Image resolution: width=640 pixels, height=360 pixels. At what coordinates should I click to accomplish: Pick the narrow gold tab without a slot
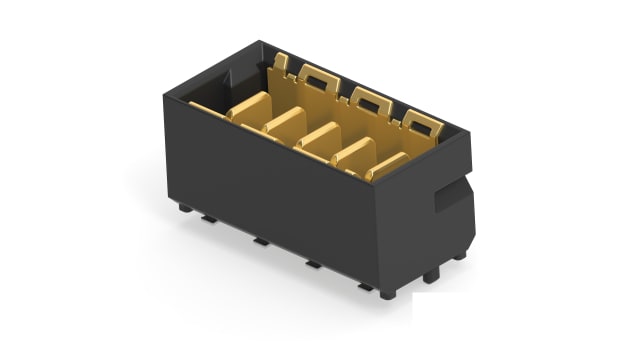coord(281,65)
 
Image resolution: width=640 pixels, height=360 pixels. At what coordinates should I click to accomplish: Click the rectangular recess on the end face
coord(451,195)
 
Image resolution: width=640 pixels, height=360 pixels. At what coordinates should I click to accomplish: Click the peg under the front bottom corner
coord(386,294)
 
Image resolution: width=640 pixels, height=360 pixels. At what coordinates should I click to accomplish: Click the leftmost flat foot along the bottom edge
coord(207,217)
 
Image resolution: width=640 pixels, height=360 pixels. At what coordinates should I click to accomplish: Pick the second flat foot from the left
coord(260,241)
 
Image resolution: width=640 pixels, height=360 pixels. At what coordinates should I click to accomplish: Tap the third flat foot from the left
coord(313,264)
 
